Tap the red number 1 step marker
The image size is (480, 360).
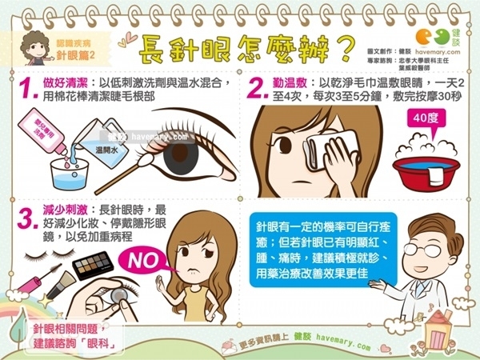pyautogui.click(x=27, y=90)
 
